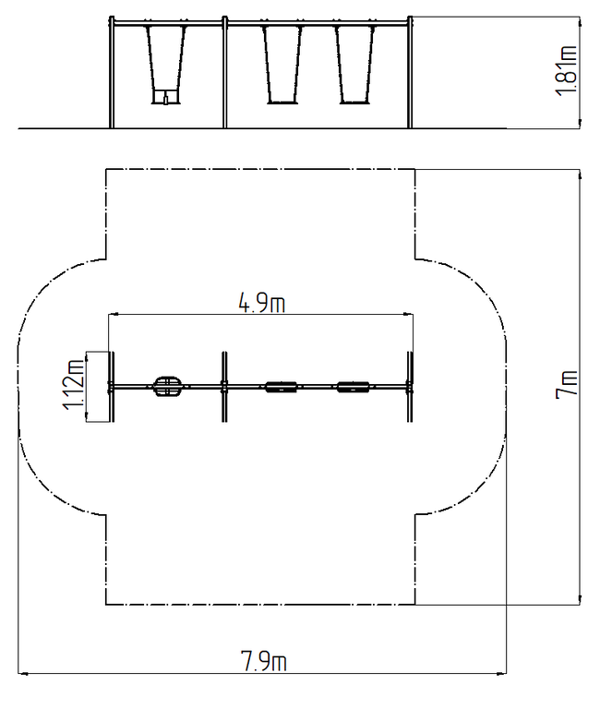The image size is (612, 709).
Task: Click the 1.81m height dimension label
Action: tap(566, 70)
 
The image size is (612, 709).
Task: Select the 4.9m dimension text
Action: tap(262, 303)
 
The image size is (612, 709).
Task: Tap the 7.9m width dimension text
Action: tap(263, 661)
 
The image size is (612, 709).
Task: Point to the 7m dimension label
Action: tap(567, 384)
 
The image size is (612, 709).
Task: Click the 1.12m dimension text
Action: tap(73, 385)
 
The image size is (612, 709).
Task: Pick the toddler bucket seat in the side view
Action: tap(165, 97)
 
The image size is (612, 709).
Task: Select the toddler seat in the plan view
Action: tap(168, 386)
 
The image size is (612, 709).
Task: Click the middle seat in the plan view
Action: tap(282, 387)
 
